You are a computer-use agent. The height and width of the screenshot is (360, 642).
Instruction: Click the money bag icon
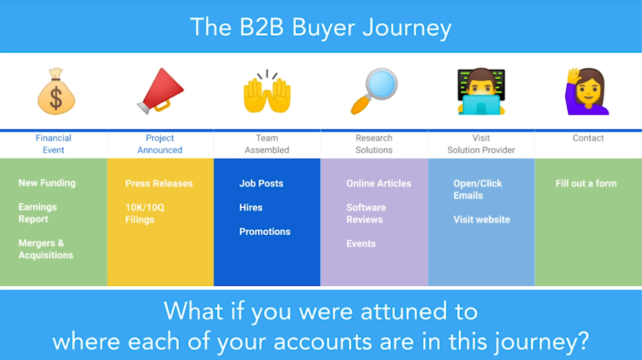click(56, 92)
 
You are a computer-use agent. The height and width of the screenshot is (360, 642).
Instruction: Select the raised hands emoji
click(267, 92)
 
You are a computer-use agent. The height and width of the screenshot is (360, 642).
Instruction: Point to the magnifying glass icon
click(374, 91)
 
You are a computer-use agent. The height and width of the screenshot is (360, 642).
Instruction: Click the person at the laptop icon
click(481, 91)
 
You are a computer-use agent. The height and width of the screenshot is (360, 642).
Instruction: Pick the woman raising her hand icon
click(588, 91)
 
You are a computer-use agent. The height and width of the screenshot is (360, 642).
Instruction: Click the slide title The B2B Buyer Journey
click(320, 27)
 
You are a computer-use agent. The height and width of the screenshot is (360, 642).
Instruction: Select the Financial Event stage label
click(53, 144)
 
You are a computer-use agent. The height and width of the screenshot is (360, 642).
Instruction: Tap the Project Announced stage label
click(160, 144)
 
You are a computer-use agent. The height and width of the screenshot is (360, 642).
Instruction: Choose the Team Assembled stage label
click(267, 144)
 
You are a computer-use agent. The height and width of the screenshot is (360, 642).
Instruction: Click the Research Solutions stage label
click(374, 144)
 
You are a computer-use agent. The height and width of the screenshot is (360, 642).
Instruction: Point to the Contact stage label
click(588, 139)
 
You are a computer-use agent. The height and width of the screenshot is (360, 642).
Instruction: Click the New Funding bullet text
click(47, 183)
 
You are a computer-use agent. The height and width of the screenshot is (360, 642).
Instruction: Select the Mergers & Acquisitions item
click(46, 249)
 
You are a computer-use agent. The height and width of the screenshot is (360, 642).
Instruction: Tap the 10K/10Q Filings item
click(140, 213)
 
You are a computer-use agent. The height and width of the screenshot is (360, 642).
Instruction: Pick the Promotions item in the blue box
click(265, 232)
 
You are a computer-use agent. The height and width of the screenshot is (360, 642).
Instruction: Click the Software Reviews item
click(366, 213)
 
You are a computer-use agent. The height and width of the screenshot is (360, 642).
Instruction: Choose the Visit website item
click(481, 220)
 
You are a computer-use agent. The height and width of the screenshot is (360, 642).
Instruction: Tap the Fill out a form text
click(586, 184)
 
